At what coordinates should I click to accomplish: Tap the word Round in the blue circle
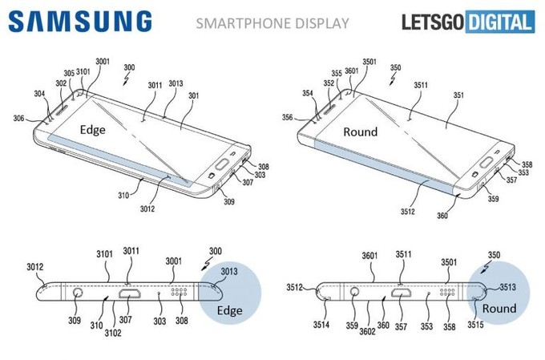click(x=499, y=309)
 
